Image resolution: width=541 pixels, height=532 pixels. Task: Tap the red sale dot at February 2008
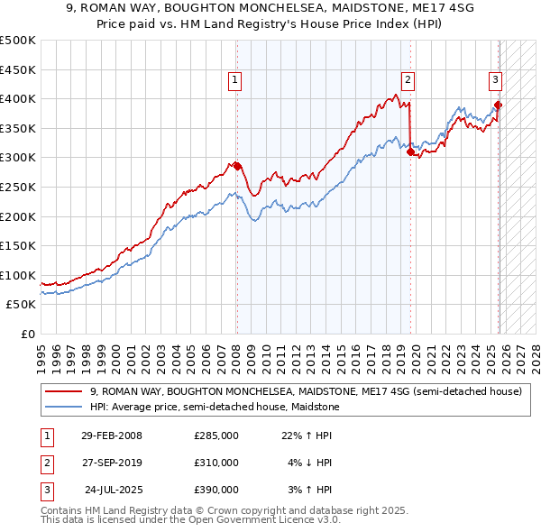point(237,166)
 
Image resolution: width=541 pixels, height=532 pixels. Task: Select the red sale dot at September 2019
point(410,151)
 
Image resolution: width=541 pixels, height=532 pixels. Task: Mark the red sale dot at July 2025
point(498,105)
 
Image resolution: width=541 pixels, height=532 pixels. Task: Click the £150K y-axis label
point(18,245)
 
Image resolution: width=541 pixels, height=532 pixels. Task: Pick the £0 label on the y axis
point(27,334)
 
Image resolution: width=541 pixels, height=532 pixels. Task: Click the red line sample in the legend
point(64,392)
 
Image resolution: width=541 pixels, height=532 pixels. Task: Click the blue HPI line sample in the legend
point(64,408)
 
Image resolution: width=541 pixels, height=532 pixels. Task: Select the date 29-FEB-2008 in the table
point(112,436)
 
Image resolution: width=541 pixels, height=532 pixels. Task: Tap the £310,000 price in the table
point(216,463)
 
